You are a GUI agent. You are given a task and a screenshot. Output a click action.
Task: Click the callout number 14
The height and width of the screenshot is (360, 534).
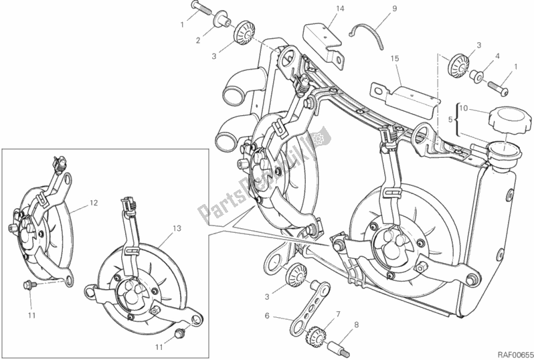click(321, 9)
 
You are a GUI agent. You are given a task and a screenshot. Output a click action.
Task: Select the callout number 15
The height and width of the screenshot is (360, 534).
click(395, 60)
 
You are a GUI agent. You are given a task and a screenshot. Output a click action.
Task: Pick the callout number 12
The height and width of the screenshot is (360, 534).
click(93, 203)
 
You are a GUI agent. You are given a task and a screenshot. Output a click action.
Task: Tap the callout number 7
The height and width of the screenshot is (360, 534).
click(338, 314)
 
